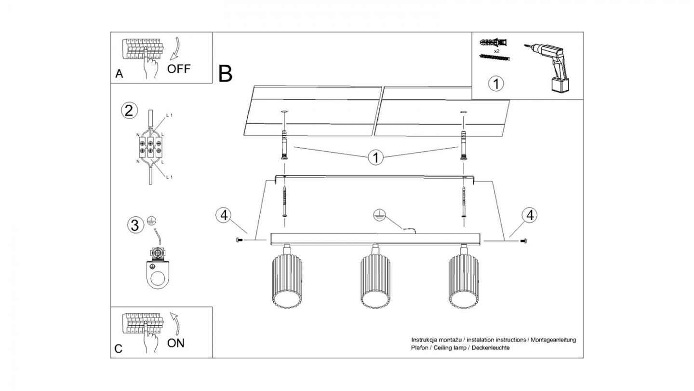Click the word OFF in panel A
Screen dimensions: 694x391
coord(179,69)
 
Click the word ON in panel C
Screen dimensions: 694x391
coord(175,343)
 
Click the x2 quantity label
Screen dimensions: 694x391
coord(496,51)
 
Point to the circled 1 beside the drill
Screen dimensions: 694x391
coord(496,84)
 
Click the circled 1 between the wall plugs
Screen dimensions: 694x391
coord(376,157)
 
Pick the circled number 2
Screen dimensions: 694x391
coord(129,111)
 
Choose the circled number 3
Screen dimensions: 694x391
coord(135,225)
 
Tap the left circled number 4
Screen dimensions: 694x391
coord(224,215)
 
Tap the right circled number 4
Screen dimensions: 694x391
coord(530,215)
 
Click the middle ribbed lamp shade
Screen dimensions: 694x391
coord(375,281)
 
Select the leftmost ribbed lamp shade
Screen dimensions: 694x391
coord(287,281)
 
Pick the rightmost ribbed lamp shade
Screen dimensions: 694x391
coord(464,281)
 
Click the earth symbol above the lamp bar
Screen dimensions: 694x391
coord(379,215)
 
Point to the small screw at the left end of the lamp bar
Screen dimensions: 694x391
coord(239,240)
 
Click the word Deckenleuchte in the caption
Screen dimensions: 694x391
coord(491,348)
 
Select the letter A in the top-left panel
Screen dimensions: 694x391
coord(119,74)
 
